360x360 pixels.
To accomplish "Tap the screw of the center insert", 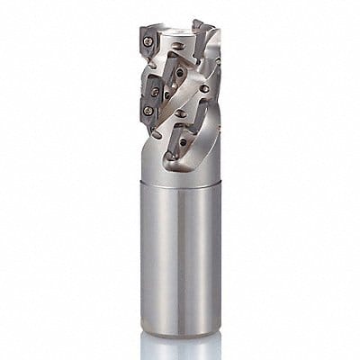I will [x=181, y=73].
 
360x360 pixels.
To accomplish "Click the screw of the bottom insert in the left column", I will [x=147, y=110].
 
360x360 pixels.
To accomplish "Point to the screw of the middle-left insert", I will [x=153, y=91].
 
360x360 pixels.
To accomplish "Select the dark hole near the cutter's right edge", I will [x=209, y=89].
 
